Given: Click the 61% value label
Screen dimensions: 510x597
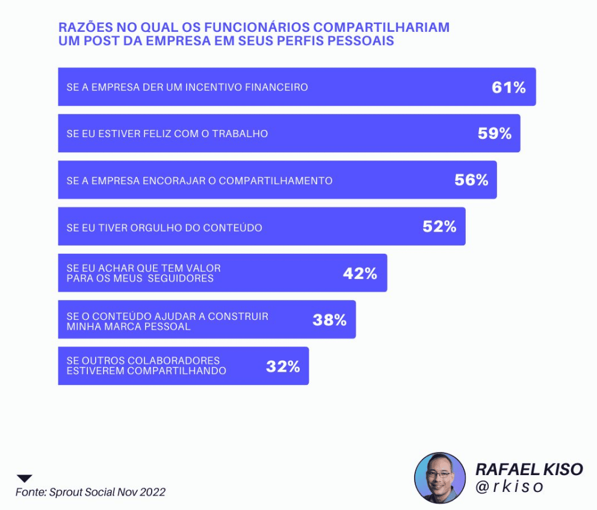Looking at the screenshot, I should [x=509, y=87].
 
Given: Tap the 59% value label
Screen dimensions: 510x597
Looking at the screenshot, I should [x=494, y=134].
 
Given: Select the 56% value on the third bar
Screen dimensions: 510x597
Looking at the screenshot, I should [x=471, y=180].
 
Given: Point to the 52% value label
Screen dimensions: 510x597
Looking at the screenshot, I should [x=439, y=226].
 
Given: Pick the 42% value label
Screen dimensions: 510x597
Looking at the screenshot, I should [x=360, y=273].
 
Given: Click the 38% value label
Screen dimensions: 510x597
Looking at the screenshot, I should [x=329, y=320].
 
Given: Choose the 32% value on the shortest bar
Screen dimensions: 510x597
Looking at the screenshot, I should [x=283, y=366].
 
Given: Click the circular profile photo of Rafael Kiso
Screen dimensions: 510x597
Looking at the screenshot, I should [x=440, y=478].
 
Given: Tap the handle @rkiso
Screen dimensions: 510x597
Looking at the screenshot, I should [x=510, y=486].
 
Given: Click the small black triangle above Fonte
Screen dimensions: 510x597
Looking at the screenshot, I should [x=24, y=479].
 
